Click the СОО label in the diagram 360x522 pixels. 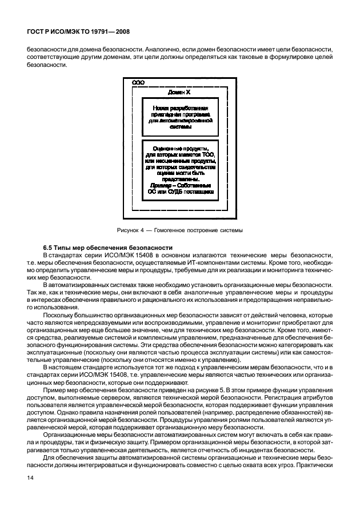(137, 83)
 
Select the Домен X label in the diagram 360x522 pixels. (178, 91)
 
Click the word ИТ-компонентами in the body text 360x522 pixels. (214, 261)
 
